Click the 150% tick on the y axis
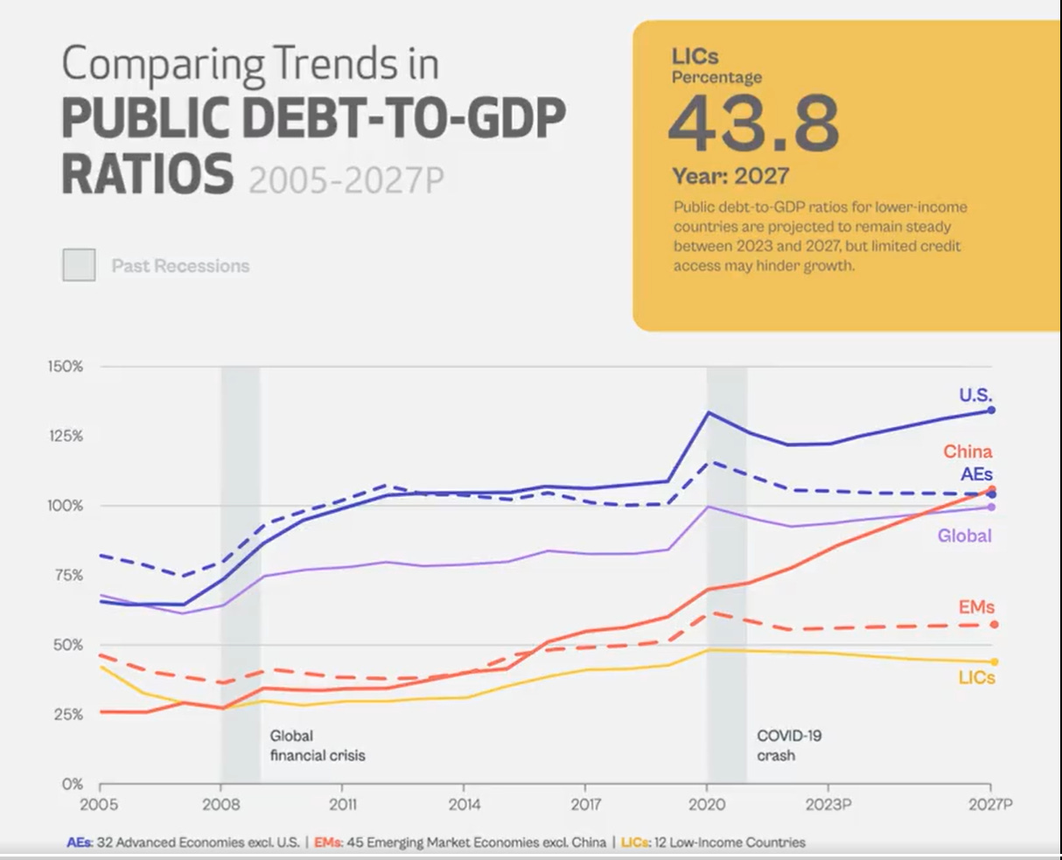tap(66, 367)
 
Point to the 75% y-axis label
tap(67, 575)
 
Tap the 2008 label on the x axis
tap(221, 804)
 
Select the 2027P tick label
tap(992, 804)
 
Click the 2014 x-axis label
tap(464, 804)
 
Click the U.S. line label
tap(975, 395)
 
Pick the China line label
tap(968, 451)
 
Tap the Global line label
tap(964, 535)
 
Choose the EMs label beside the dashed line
tap(976, 607)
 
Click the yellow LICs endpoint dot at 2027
tap(994, 662)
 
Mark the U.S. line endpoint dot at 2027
tap(991, 410)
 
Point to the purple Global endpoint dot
tap(991, 507)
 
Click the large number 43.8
tap(753, 123)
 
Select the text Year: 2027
tap(730, 176)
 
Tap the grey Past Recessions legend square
tap(79, 265)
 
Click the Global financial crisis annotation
tap(317, 745)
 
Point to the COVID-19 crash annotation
tap(789, 745)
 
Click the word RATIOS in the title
tap(148, 172)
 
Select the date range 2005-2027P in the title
tap(346, 179)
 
